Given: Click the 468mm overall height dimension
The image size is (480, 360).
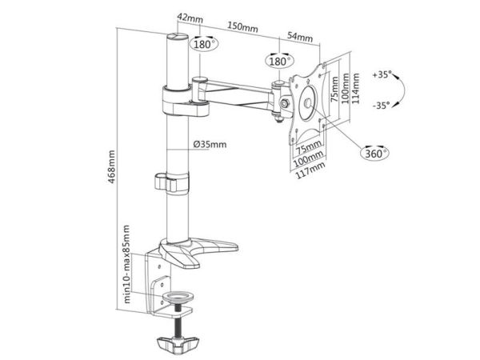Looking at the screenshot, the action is [112, 167].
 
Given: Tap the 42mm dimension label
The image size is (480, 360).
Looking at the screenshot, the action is [190, 18].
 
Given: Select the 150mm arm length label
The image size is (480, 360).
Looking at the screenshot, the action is [242, 27].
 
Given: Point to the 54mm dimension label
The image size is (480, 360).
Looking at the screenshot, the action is [300, 37].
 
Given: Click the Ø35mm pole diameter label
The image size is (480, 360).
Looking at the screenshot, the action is [210, 144].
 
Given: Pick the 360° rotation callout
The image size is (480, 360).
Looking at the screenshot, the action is [374, 153].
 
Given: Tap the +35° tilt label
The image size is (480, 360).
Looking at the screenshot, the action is [382, 74].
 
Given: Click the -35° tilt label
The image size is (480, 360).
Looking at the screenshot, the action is [382, 106].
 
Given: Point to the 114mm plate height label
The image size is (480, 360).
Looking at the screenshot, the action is [355, 88].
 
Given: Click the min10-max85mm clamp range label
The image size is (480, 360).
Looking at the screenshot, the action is [126, 264].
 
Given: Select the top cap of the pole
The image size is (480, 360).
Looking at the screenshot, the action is [178, 36].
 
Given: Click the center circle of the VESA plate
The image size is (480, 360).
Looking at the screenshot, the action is [307, 102].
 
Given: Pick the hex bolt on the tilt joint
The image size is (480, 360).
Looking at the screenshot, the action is [285, 103].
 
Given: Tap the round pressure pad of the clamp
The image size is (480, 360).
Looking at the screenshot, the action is [178, 296].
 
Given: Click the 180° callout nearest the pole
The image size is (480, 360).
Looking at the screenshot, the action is [204, 44].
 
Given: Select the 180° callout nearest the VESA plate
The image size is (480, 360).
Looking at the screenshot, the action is [279, 61].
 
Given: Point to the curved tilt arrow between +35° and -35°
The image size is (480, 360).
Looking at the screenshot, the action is [404, 90].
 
